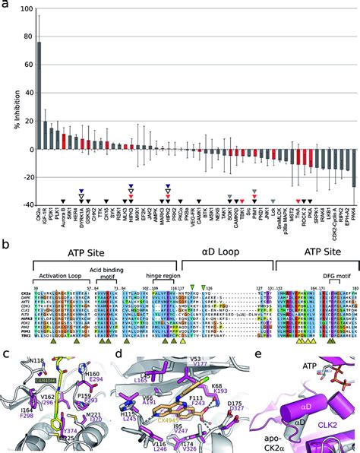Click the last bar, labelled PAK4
[x=354, y=167]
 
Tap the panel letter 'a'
[x=5, y=6]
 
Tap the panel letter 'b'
[x=5, y=245]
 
